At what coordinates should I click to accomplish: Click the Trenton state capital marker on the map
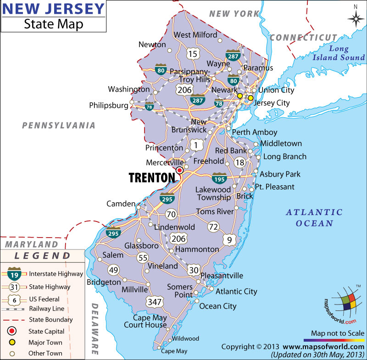pos(179,170)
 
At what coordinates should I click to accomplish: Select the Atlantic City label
pos(236,291)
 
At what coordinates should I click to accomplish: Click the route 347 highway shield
pos(153,301)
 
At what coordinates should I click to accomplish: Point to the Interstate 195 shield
pos(219,178)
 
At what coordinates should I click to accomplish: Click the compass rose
pos(355,18)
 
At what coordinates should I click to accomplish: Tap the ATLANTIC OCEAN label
pos(314,217)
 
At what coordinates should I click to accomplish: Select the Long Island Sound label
pos(339,53)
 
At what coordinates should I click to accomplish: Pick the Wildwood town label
pos(185,338)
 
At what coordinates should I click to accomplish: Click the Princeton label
pos(164,148)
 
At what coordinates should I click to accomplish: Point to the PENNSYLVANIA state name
pos(59,125)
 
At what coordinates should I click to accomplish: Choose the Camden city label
pos(121,204)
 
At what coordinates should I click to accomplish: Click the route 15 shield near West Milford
pos(193,54)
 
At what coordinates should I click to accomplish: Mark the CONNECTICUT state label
pos(303,37)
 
